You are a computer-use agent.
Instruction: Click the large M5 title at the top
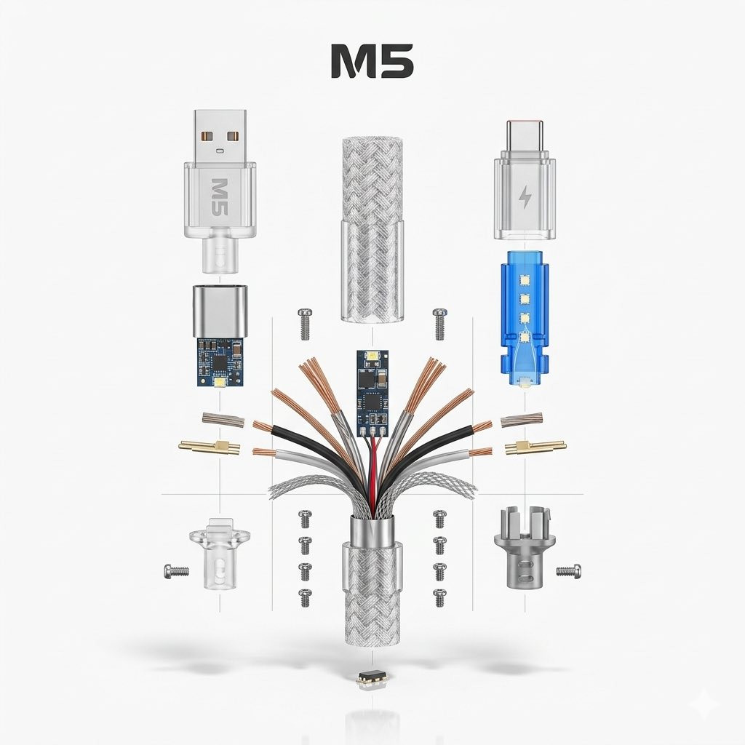point(372,62)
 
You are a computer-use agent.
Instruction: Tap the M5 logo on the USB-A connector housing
point(218,196)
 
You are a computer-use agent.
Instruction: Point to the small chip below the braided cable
point(372,679)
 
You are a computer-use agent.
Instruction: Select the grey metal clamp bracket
point(526,546)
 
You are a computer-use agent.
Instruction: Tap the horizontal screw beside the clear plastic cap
point(176,570)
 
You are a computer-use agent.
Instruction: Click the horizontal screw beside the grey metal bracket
point(569,570)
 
